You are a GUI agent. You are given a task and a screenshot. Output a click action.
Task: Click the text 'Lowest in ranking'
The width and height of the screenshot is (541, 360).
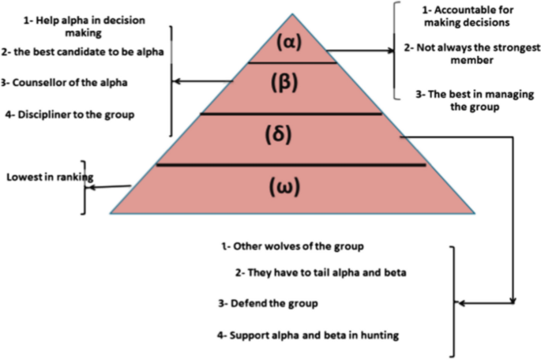pyautogui.click(x=47, y=178)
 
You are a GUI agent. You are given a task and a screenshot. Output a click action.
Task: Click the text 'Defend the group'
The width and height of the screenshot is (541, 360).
pyautogui.click(x=266, y=303)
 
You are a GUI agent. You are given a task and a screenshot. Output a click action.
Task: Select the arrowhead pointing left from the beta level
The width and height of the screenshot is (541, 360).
pyautogui.click(x=178, y=81)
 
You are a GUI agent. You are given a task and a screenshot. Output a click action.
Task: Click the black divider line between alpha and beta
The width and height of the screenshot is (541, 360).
pyautogui.click(x=291, y=62)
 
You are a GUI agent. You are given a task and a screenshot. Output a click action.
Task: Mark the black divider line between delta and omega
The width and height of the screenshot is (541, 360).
pyautogui.click(x=291, y=165)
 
